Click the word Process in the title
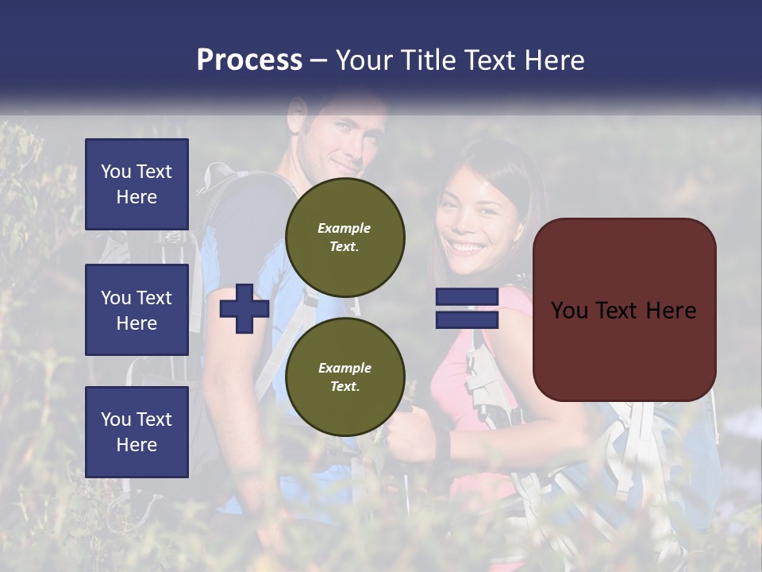(x=249, y=60)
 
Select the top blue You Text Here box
(x=137, y=184)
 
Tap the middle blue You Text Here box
(x=137, y=310)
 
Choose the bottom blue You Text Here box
(x=137, y=432)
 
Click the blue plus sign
(x=244, y=309)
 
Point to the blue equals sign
(x=467, y=308)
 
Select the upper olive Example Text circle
(x=345, y=238)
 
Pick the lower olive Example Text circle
(x=345, y=377)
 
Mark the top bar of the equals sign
(x=467, y=297)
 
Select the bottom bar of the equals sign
(x=467, y=319)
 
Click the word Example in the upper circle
(x=344, y=228)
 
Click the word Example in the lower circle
(x=344, y=368)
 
